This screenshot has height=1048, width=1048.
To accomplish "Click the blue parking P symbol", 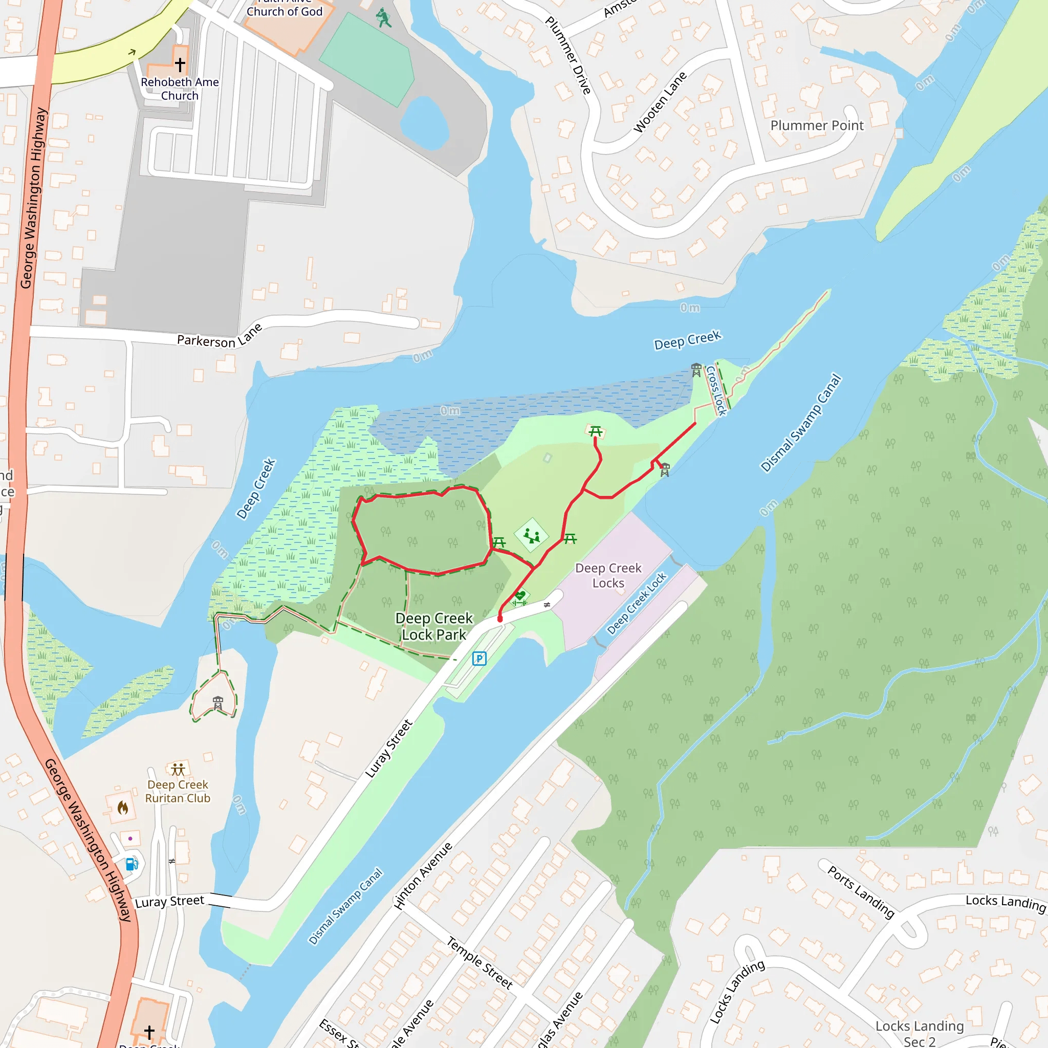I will (x=479, y=659).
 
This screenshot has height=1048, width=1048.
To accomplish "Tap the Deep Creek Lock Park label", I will (x=434, y=626).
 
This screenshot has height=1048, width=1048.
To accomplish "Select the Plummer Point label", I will (x=816, y=125).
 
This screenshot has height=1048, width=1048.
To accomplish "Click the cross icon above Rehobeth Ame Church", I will (x=180, y=64).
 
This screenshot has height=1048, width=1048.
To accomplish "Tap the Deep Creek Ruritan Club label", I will (x=178, y=792).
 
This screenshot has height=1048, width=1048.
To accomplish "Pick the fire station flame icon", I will (x=123, y=808).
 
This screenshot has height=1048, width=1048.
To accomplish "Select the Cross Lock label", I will (x=716, y=390).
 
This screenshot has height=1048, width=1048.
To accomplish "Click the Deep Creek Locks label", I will (x=608, y=576).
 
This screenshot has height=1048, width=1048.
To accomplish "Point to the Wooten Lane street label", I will (x=660, y=102).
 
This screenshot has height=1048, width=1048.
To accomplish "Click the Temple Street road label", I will (x=479, y=963).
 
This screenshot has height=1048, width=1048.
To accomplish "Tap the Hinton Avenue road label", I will (x=423, y=876).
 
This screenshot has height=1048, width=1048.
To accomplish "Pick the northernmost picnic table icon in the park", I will (x=596, y=431).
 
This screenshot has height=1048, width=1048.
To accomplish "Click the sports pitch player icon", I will (x=384, y=18).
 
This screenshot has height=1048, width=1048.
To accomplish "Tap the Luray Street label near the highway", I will (x=170, y=902).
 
